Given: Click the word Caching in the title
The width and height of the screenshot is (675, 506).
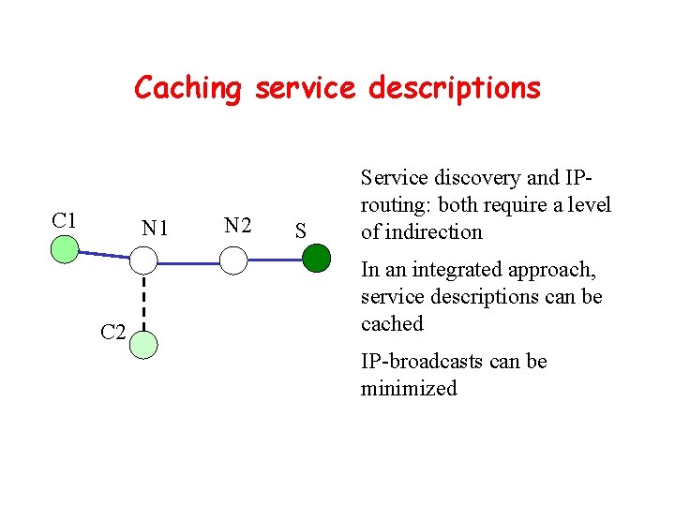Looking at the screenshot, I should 187,88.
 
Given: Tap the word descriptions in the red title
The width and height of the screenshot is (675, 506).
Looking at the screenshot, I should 455,88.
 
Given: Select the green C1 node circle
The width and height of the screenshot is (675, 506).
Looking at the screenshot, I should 64,249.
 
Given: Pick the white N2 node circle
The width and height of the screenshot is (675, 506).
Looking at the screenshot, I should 232,260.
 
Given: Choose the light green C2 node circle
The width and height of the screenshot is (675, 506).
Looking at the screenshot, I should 143,345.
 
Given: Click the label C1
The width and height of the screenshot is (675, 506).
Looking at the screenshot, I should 64,221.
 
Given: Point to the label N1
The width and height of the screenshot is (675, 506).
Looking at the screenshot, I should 154,228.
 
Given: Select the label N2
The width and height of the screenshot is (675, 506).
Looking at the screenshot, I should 237,226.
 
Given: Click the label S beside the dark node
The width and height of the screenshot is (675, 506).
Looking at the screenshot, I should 300,231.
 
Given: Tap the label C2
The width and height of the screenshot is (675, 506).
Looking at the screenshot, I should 112,333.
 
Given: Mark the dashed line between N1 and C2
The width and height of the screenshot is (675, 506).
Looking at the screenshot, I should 143,302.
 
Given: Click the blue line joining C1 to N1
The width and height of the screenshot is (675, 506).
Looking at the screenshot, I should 103,253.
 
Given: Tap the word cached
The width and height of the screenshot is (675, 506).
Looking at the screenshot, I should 392,324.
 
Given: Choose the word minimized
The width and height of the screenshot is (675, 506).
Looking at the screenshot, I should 409,388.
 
